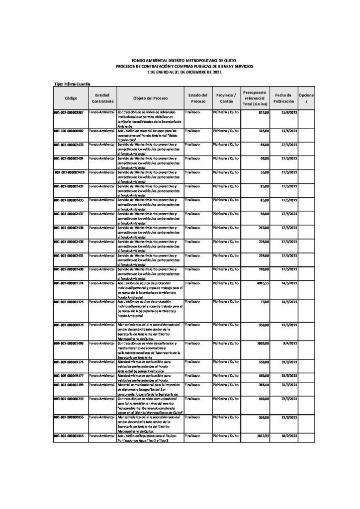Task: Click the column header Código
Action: (x=71, y=98)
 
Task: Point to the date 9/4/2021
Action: (x=290, y=343)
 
